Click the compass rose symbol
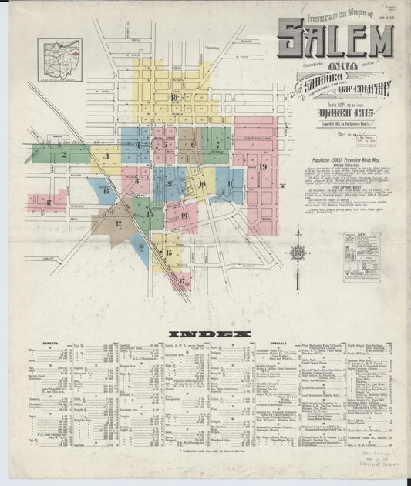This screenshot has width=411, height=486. (296, 251)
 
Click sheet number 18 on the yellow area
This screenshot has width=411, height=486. (175, 98)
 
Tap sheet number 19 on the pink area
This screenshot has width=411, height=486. (263, 166)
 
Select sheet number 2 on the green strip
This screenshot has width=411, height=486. (63, 155)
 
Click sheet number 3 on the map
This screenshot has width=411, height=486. (106, 157)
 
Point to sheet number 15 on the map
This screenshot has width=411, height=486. (168, 252)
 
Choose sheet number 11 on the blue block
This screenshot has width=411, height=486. (229, 183)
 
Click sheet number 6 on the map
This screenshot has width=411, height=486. (192, 144)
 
